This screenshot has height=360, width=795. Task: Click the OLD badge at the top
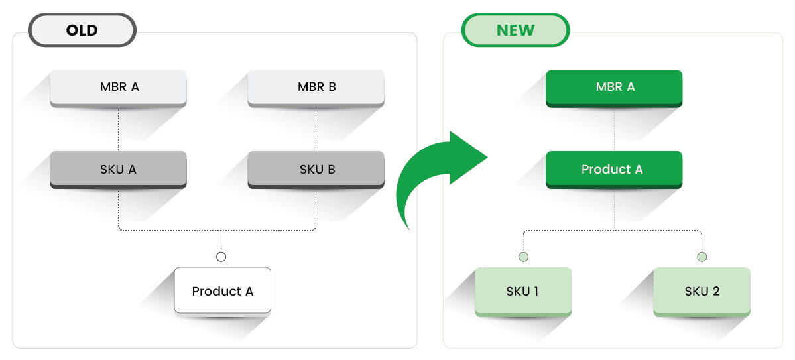pyautogui.click(x=82, y=30)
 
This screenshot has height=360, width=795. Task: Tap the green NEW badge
pyautogui.click(x=516, y=30)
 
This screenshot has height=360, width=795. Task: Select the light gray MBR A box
pyautogui.click(x=118, y=88)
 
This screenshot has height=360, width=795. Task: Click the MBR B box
pyautogui.click(x=316, y=88)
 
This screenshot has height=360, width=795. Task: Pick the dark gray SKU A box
pyautogui.click(x=118, y=170)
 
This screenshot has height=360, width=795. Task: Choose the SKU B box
pyautogui.click(x=316, y=170)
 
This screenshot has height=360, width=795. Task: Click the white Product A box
pyautogui.click(x=223, y=290)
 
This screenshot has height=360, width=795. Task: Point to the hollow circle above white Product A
pyautogui.click(x=221, y=257)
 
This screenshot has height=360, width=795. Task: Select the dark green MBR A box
pyautogui.click(x=614, y=88)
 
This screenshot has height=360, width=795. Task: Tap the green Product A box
pyautogui.click(x=614, y=170)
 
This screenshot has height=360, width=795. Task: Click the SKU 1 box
pyautogui.click(x=523, y=292)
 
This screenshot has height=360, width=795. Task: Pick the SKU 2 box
pyautogui.click(x=702, y=292)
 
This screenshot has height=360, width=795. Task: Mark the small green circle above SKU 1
pyautogui.click(x=523, y=257)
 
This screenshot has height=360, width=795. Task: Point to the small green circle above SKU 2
pyautogui.click(x=702, y=257)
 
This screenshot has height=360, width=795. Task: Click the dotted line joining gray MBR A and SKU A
pyautogui.click(x=119, y=129)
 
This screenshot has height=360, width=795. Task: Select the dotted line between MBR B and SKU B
pyautogui.click(x=316, y=129)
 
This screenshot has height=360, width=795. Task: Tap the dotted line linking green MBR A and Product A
pyautogui.click(x=615, y=129)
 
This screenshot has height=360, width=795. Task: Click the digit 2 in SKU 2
pyautogui.click(x=715, y=292)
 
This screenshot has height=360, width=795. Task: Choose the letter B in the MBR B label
pyautogui.click(x=332, y=87)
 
